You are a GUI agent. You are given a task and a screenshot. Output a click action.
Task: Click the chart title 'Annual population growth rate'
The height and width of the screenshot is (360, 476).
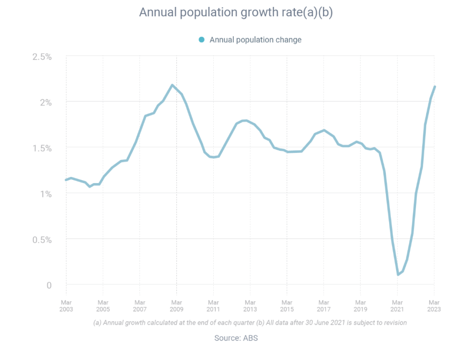coord(236,13)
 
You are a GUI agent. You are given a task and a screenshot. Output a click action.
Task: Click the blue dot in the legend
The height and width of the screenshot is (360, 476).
coord(201,40)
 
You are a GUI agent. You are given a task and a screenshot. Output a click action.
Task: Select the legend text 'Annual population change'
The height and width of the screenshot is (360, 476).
coord(255,40)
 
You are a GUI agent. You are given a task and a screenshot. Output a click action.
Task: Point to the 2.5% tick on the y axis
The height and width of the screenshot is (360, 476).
coord(42,57)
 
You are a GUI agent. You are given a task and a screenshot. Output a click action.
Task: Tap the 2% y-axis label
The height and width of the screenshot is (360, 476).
coord(46,102)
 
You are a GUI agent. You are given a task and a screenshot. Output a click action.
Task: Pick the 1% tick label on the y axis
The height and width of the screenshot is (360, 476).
coord(46,194)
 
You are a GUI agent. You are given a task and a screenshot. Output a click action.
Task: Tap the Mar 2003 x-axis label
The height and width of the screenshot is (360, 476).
coord(66,306)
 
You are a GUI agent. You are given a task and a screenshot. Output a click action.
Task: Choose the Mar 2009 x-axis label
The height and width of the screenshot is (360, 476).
coord(176,306)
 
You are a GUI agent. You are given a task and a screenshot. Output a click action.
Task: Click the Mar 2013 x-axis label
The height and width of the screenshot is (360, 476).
coord(250,306)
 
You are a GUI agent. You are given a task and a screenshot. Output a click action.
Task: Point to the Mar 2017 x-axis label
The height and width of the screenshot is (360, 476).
coord(324,306)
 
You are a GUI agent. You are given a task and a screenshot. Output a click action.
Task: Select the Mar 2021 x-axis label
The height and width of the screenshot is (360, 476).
coord(397,306)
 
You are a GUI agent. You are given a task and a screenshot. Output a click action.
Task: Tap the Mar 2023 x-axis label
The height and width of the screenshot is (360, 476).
coord(434,306)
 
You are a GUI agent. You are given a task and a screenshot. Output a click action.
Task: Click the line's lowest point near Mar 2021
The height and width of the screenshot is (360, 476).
coord(398,275)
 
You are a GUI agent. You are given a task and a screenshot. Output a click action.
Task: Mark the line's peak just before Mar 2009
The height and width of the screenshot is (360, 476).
coord(172,85)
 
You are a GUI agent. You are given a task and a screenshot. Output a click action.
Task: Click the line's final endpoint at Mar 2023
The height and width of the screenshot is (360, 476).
coord(435,86)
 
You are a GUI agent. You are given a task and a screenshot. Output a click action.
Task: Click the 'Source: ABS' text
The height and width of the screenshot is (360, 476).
coord(236,338)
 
